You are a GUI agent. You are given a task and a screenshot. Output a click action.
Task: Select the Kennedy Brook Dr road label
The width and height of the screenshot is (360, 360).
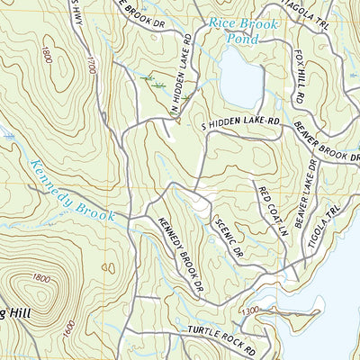(178, 256)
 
